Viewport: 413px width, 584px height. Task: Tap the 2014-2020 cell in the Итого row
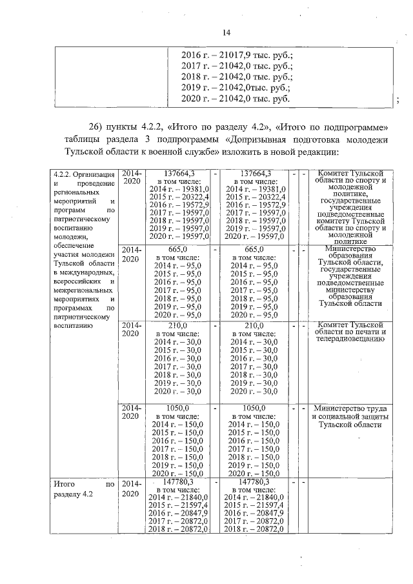(131, 488)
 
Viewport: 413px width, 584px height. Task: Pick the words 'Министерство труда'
(350, 408)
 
